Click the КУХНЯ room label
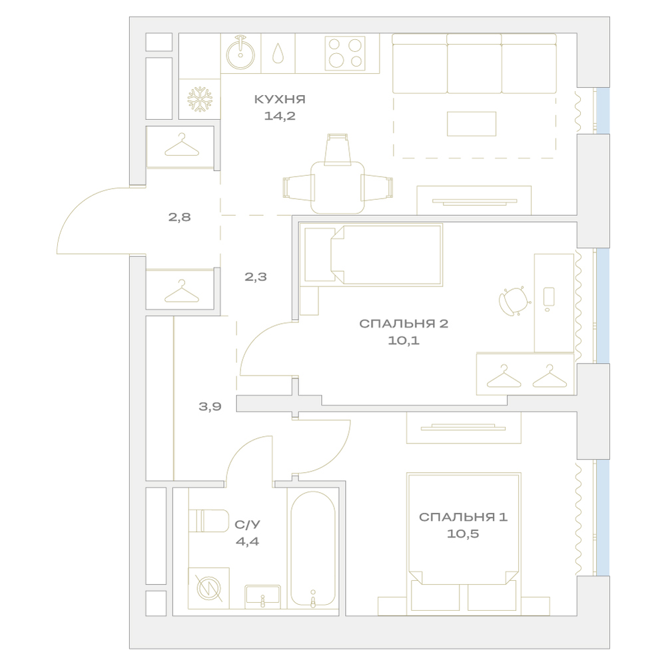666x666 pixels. click(280, 99)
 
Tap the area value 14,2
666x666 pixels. click(280, 115)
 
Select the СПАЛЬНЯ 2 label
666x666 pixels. click(404, 324)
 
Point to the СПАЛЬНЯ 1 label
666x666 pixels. click(463, 517)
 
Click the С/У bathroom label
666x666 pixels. click(247, 525)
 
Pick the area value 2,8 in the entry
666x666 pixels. click(179, 218)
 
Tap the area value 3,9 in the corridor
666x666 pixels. click(210, 406)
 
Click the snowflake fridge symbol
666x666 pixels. click(200, 99)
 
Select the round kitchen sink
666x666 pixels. click(240, 53)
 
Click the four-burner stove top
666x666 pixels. click(345, 53)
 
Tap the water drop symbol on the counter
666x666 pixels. click(278, 53)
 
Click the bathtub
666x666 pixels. click(313, 548)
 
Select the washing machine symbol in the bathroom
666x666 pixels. click(208, 588)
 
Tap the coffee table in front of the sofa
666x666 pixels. click(472, 124)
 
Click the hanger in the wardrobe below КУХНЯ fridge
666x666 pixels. click(182, 145)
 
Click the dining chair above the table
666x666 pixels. click(338, 149)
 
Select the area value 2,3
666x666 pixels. click(256, 277)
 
